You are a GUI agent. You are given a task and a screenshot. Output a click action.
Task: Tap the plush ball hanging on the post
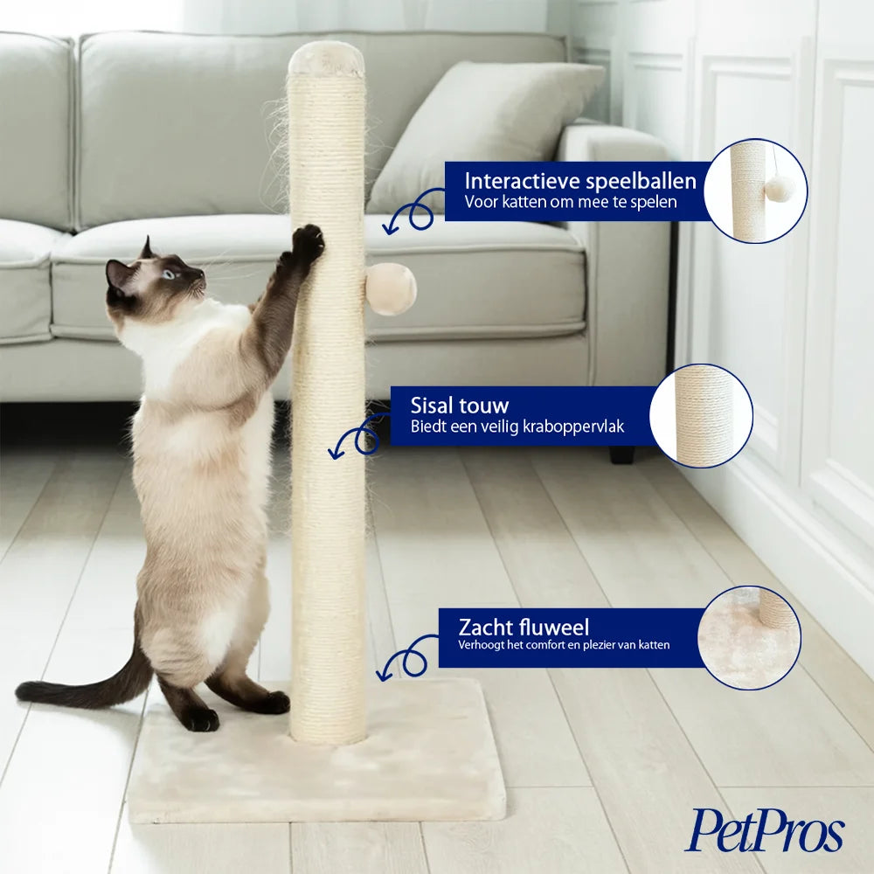coord(391,288)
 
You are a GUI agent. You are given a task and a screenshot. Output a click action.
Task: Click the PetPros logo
coord(764,830)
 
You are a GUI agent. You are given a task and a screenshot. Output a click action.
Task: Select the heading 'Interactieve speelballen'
coord(580,181)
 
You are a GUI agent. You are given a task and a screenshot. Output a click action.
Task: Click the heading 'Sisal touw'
coord(460,406)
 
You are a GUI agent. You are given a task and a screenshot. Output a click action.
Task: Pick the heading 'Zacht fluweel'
coord(524,627)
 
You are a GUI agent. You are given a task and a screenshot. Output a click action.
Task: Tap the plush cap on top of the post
coord(326,59)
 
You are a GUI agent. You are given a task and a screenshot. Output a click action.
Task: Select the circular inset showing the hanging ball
coord(755,191)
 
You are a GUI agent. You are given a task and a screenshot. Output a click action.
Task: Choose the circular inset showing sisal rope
coord(701,415)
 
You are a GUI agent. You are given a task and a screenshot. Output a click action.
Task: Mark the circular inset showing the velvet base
coord(749,638)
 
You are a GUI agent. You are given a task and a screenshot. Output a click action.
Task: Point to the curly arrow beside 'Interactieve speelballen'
coord(415,212)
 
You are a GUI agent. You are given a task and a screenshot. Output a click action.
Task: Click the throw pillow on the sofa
coord(485,138)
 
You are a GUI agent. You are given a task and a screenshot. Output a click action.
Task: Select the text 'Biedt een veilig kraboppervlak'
coord(517,427)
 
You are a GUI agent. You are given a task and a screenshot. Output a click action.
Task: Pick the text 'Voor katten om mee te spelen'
coord(571,202)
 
